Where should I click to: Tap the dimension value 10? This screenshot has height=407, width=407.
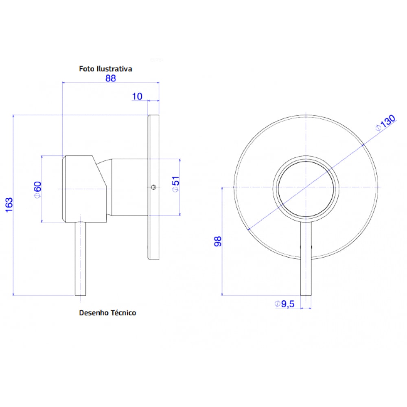click(x=137, y=96)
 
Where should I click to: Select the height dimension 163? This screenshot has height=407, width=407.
click(x=9, y=205)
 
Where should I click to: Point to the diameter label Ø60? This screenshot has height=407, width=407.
click(x=37, y=189)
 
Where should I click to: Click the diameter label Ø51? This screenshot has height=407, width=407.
click(x=175, y=186)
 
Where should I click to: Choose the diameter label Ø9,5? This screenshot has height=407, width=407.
click(x=284, y=304)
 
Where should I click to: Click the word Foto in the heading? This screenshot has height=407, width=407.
click(x=86, y=69)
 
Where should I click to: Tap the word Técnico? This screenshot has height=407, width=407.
click(x=123, y=313)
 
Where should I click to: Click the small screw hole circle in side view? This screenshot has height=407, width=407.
click(x=153, y=187)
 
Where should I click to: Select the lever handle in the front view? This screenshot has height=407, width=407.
click(x=306, y=260)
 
